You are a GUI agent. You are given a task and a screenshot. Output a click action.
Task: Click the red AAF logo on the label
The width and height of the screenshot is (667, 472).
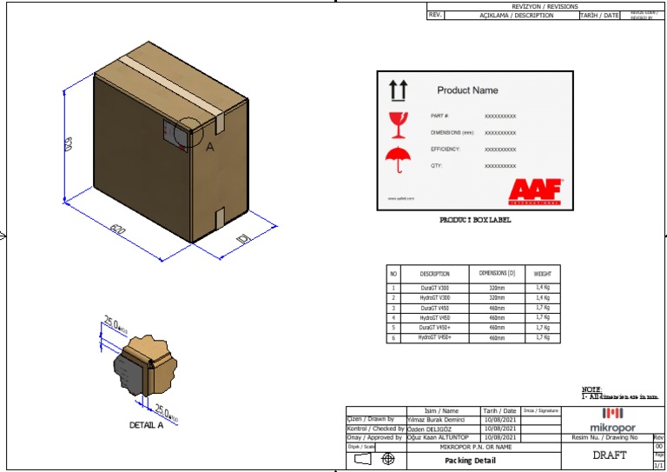pos(536,189)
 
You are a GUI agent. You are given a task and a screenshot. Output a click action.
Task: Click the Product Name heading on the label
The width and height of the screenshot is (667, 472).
pos(467,90)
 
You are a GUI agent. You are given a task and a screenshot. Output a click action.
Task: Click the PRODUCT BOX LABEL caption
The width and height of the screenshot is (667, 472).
pos(475,221)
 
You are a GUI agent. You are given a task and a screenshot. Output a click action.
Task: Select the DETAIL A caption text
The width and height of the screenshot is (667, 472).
pos(146,426)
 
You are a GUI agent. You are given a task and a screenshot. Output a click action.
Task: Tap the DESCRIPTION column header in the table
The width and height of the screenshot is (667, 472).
pos(434,274)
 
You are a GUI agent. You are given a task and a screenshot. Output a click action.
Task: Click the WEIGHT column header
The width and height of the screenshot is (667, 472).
pos(542,274)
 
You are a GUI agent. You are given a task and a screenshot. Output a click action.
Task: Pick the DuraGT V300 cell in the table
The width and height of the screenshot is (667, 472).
pos(434,287)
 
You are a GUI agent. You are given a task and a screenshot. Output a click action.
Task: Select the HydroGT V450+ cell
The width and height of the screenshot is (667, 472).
pos(434,337)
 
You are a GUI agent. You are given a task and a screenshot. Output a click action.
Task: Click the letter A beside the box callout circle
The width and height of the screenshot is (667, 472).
pos(209,147)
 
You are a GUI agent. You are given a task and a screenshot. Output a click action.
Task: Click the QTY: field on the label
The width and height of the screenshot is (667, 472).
pos(438,165)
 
